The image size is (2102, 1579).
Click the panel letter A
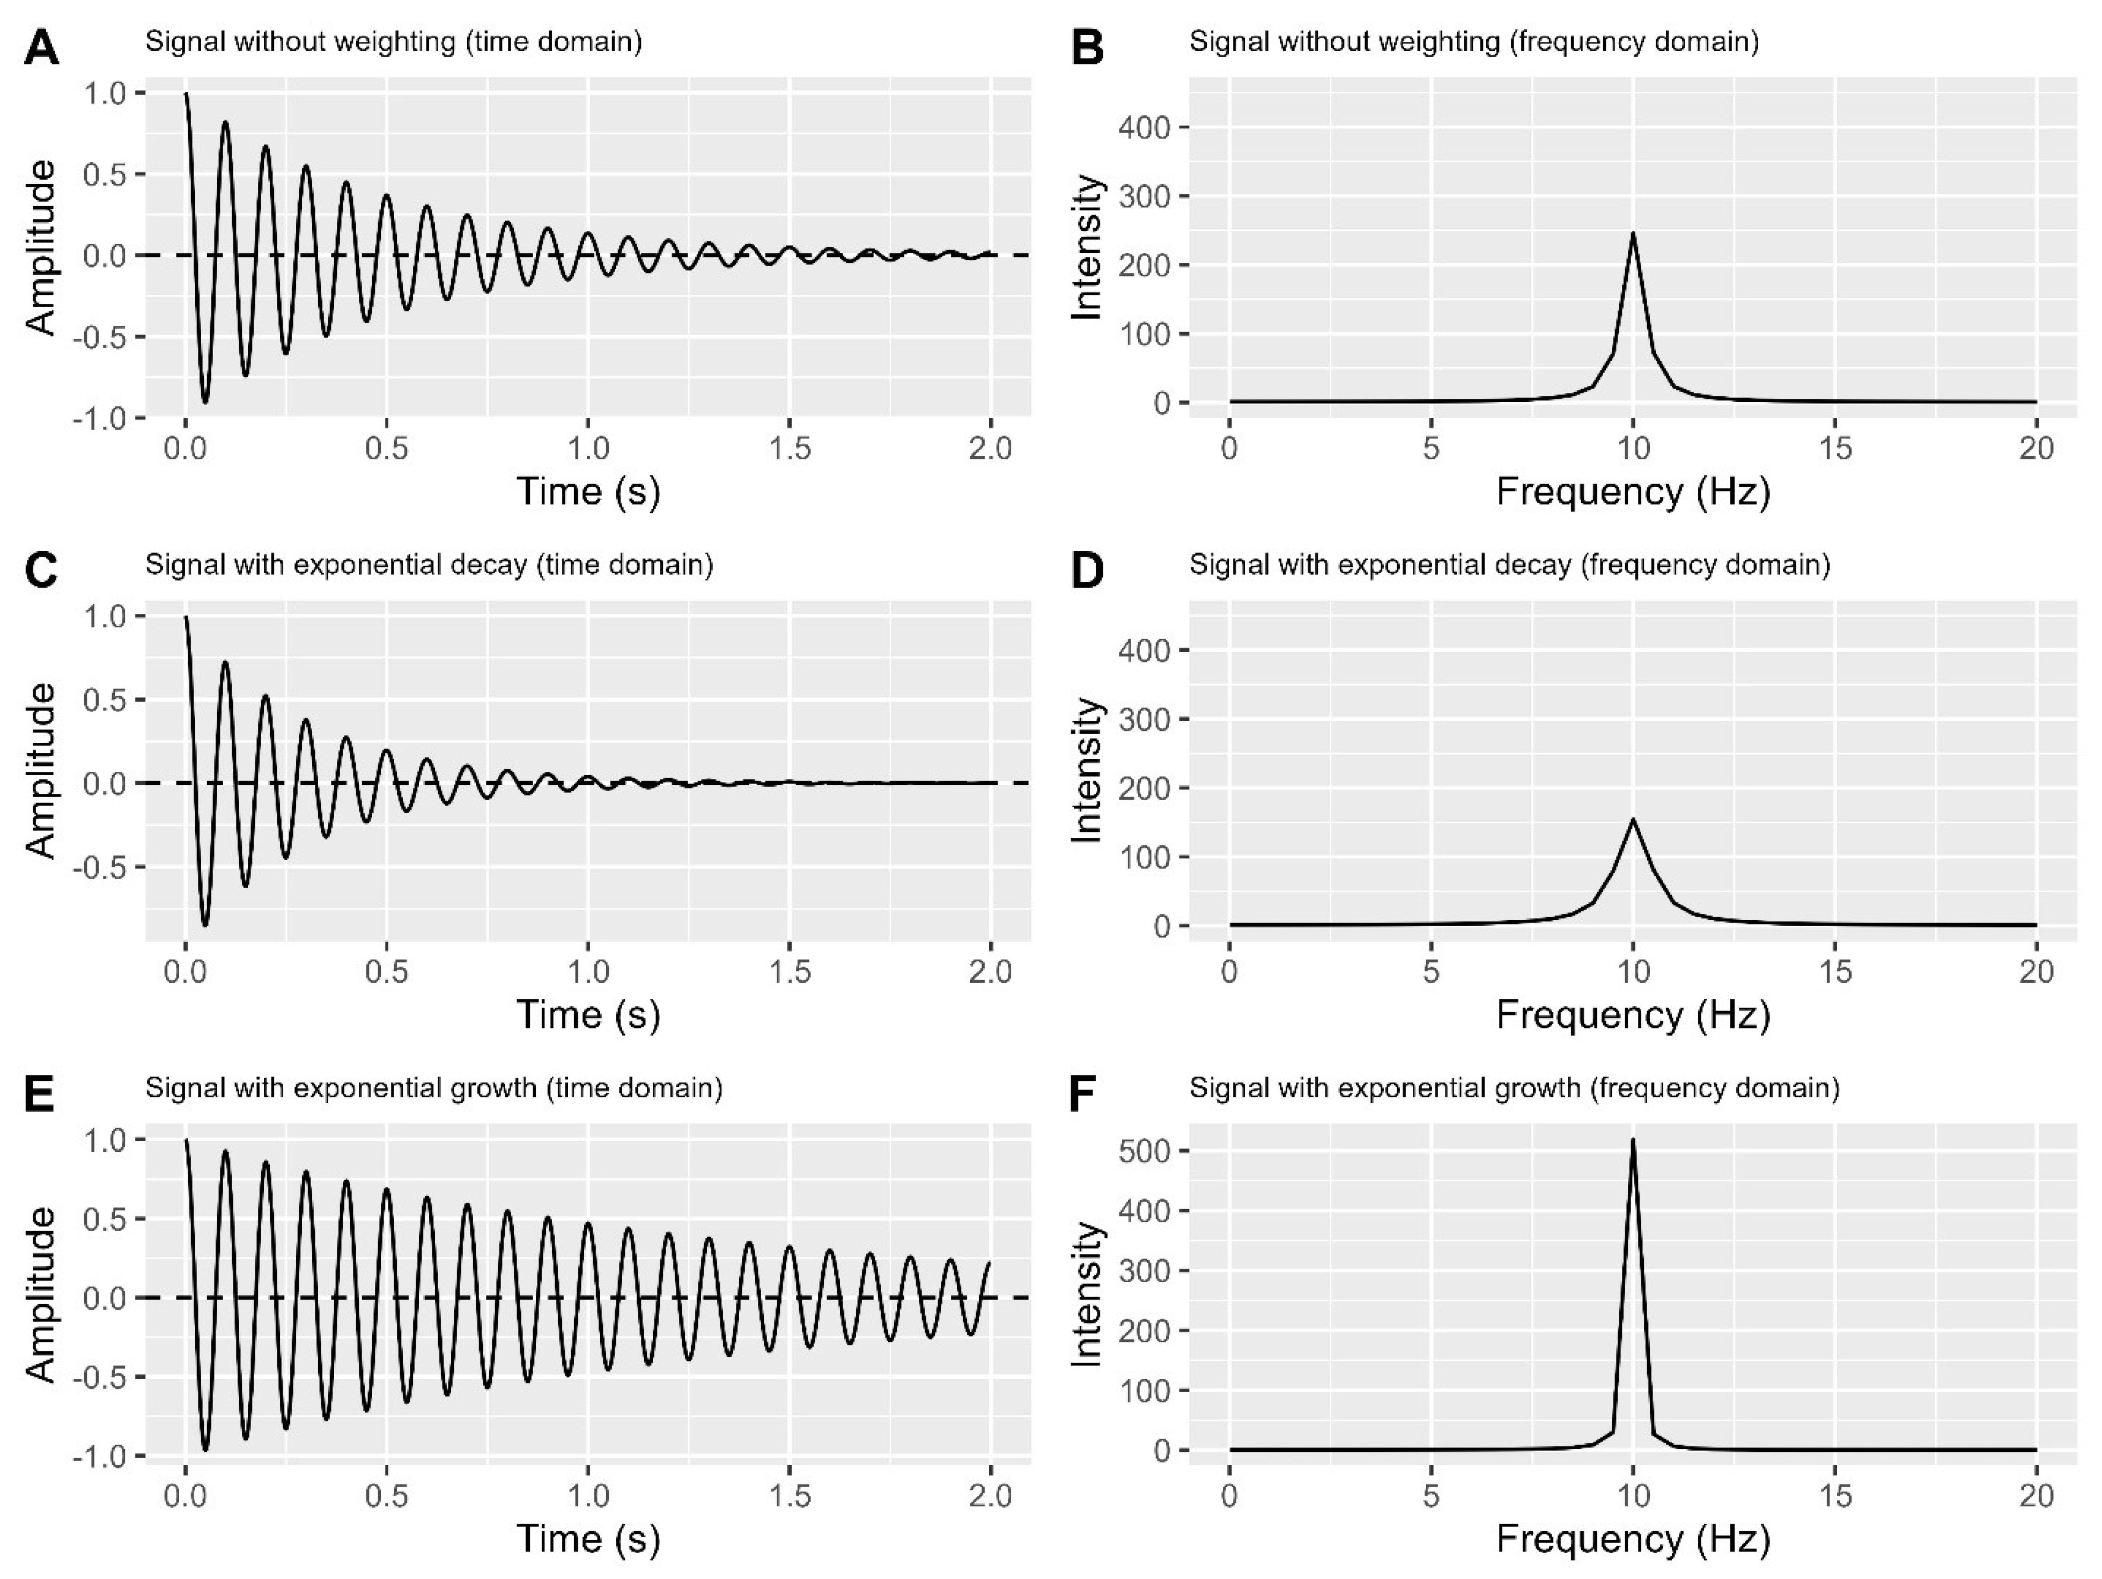(x=41, y=47)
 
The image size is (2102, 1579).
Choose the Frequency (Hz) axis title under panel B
(x=1633, y=492)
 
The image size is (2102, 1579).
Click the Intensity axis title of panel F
(x=1086, y=1295)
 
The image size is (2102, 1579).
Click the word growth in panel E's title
(x=494, y=1087)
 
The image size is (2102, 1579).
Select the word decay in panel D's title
(x=1536, y=565)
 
